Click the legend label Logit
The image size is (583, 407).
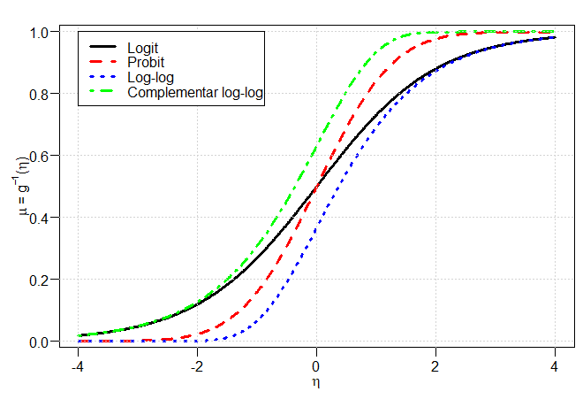[143, 48]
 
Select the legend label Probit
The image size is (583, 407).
[146, 62]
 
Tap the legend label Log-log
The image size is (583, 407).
[150, 78]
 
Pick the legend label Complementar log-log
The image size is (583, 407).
[195, 92]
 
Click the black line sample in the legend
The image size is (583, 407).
[102, 47]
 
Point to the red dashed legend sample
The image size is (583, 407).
[102, 61]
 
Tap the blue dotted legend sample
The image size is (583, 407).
[102, 76]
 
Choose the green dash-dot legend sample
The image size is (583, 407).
[102, 91]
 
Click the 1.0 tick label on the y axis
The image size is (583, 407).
[39, 33]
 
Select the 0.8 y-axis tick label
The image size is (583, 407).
[39, 95]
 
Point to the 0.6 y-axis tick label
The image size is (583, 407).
[39, 157]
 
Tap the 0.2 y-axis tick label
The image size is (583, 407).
[39, 280]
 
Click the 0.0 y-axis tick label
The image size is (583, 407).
[39, 342]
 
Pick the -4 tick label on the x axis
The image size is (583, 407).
[78, 367]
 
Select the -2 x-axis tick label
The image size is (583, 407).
[197, 367]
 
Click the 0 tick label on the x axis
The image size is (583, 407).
[315, 367]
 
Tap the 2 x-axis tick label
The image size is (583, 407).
[435, 367]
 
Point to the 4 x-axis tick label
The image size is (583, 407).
[555, 367]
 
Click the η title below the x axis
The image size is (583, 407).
[316, 382]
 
